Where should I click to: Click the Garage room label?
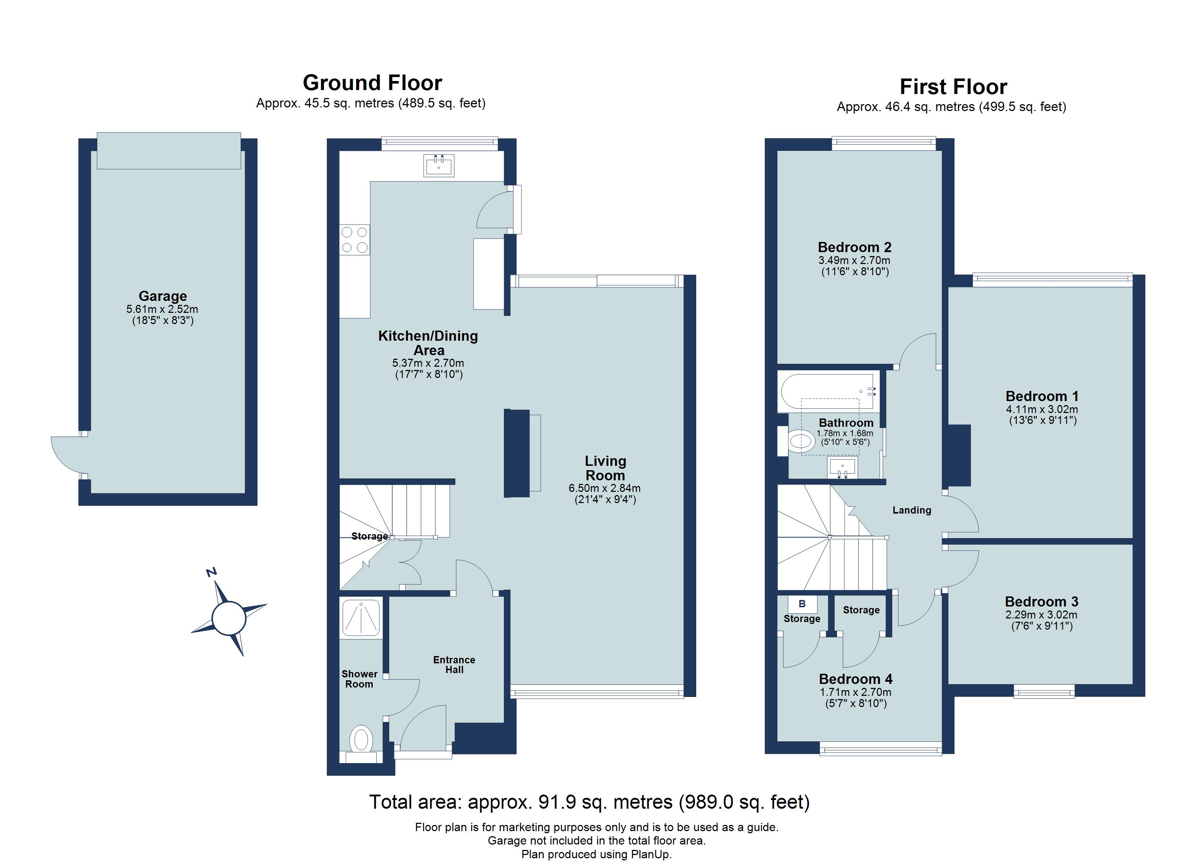pos(163,296)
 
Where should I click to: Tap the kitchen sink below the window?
pos(439,165)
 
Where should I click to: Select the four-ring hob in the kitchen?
pos(354,239)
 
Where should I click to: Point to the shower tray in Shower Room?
pos(361,618)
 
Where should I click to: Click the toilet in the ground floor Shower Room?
pos(361,740)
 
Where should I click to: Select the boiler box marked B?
pos(802,604)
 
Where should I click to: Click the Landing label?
pos(912,510)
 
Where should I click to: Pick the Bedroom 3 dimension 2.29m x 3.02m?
pos(1041,615)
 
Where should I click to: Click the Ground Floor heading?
pos(372,83)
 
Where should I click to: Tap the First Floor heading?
pos(953,87)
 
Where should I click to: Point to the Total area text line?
pos(589,802)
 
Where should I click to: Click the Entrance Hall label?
pos(454,665)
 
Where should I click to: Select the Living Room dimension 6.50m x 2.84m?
pos(604,488)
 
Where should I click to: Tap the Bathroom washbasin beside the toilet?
pos(842,467)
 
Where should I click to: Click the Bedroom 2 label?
pos(854,247)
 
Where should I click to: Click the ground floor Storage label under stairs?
pos(369,536)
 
